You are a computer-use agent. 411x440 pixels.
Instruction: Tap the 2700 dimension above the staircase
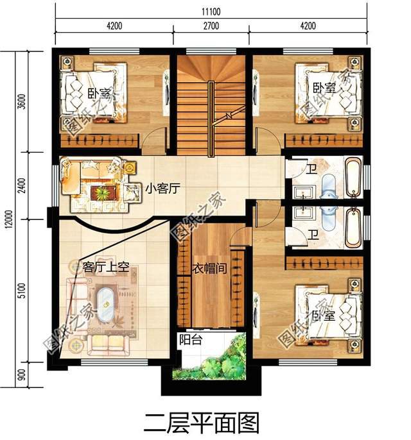(211, 26)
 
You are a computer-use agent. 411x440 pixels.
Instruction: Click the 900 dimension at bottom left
(22, 375)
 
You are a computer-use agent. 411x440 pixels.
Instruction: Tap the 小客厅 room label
(161, 189)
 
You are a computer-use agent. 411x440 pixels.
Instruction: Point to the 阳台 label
(191, 341)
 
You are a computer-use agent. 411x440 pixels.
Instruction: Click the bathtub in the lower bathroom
(354, 227)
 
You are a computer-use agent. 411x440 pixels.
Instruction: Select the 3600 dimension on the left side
(22, 103)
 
